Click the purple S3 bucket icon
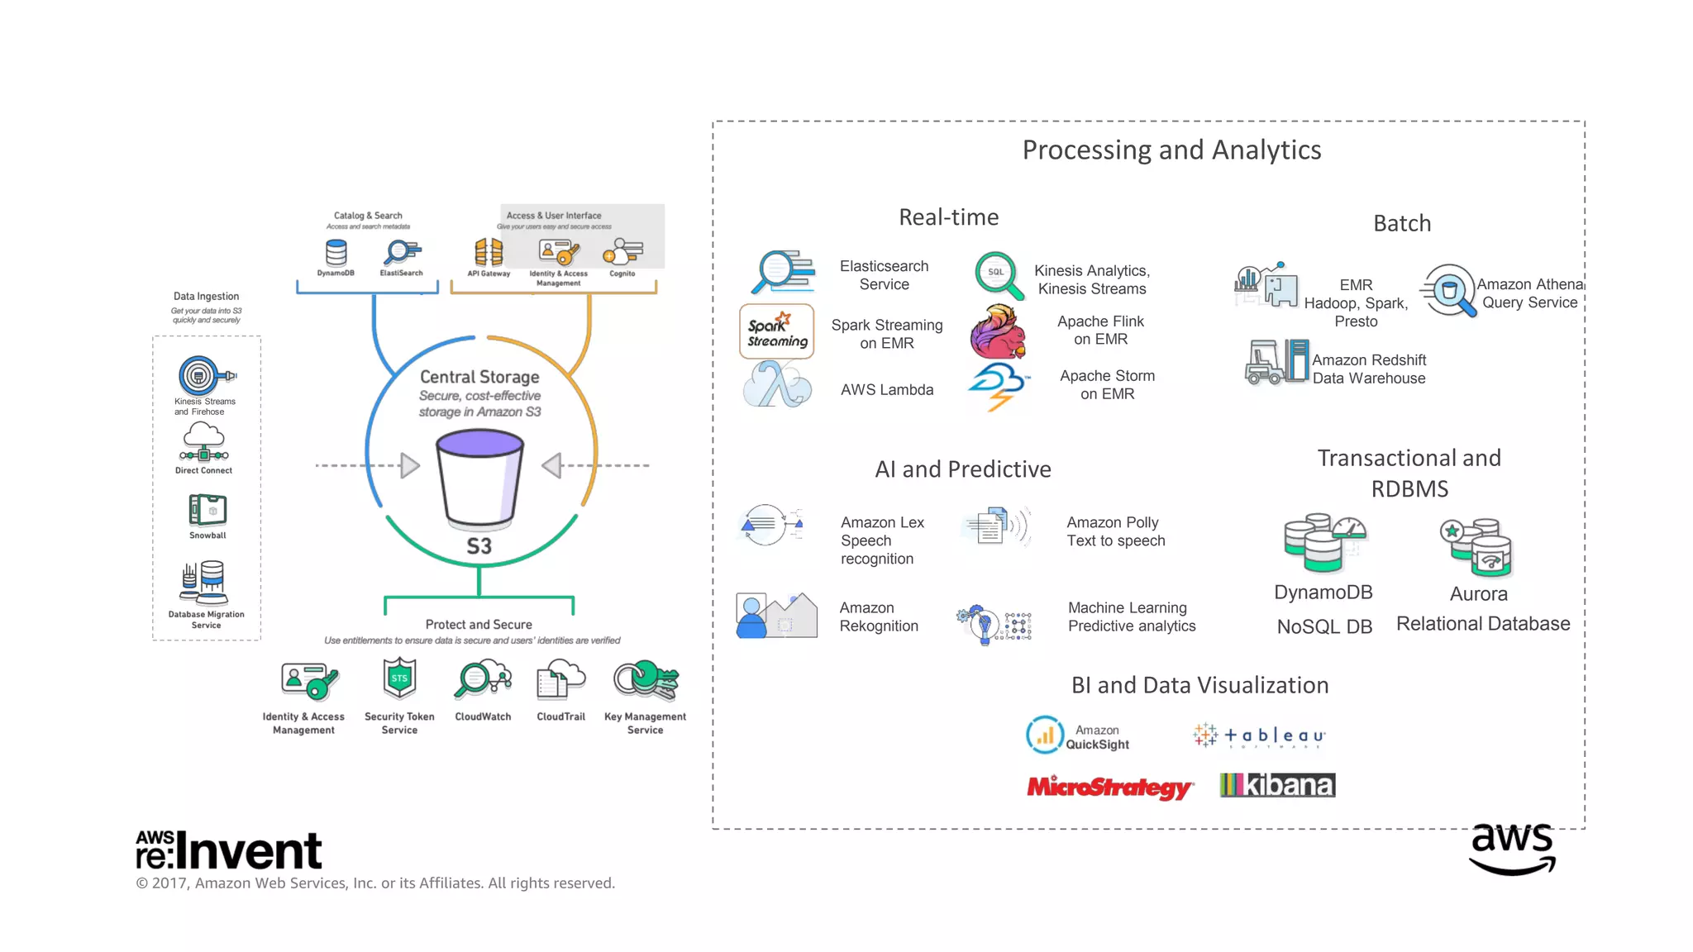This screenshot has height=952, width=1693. pyautogui.click(x=479, y=479)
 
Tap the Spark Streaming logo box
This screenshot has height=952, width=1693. pyautogui.click(x=776, y=331)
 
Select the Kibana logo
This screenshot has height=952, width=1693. pyautogui.click(x=1277, y=785)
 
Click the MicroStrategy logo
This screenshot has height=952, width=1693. pyautogui.click(x=1109, y=787)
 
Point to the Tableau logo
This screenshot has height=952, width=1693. pyautogui.click(x=1259, y=735)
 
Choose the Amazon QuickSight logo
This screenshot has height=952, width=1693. pyautogui.click(x=1078, y=735)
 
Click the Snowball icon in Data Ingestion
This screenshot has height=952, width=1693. pyautogui.click(x=207, y=510)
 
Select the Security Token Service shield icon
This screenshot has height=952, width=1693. pyautogui.click(x=399, y=678)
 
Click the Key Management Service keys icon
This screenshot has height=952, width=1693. pyautogui.click(x=646, y=680)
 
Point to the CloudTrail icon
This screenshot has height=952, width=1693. pyautogui.click(x=560, y=680)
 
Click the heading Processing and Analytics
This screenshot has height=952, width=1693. pyautogui.click(x=1171, y=150)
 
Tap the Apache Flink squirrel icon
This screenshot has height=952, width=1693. pyautogui.click(x=999, y=331)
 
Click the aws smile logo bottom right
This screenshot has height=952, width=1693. pyautogui.click(x=1512, y=849)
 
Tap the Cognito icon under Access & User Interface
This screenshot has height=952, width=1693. pyautogui.click(x=622, y=252)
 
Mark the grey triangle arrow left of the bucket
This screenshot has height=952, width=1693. pyautogui.click(x=409, y=465)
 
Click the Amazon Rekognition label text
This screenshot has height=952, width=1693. pyautogui.click(x=879, y=616)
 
